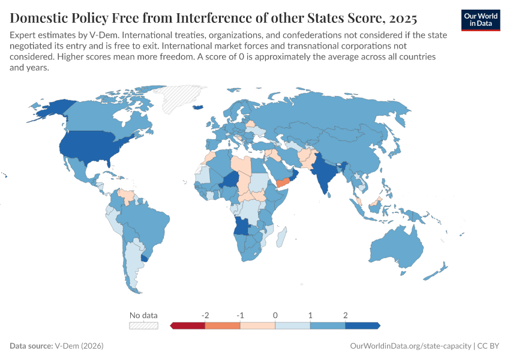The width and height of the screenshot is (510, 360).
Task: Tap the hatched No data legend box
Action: click(143, 325)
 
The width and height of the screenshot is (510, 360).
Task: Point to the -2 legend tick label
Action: click(205, 315)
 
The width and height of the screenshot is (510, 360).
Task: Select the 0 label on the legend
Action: click(275, 315)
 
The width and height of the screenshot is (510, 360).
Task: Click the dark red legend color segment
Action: click(188, 325)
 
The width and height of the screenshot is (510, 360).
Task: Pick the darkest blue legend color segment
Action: click(362, 325)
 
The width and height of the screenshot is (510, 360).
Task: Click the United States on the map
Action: click(90, 147)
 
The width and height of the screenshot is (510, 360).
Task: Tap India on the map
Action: click(325, 174)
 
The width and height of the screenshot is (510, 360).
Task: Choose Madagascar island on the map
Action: click(281, 235)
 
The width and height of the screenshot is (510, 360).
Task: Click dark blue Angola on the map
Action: click(242, 226)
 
